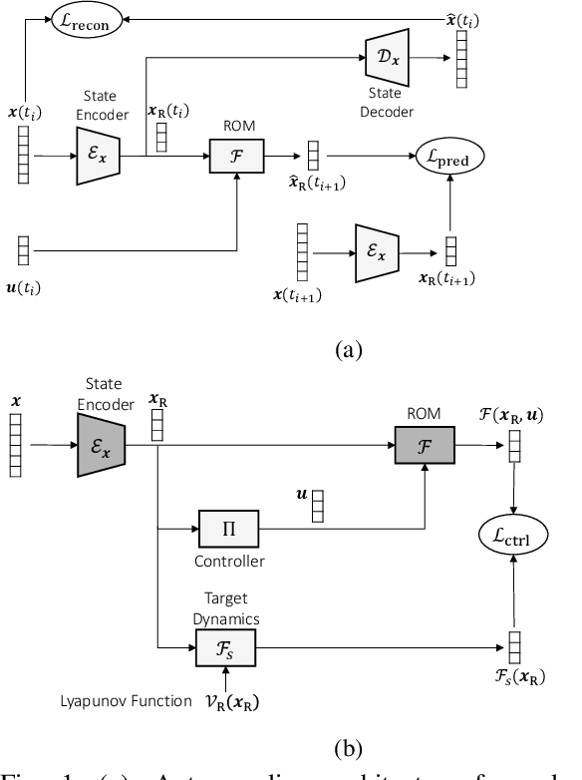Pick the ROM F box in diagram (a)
[x=235, y=156]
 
